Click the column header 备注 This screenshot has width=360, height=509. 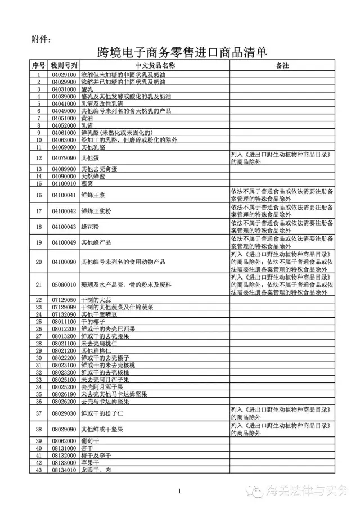point(282,66)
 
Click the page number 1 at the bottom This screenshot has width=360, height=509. point(179,492)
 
